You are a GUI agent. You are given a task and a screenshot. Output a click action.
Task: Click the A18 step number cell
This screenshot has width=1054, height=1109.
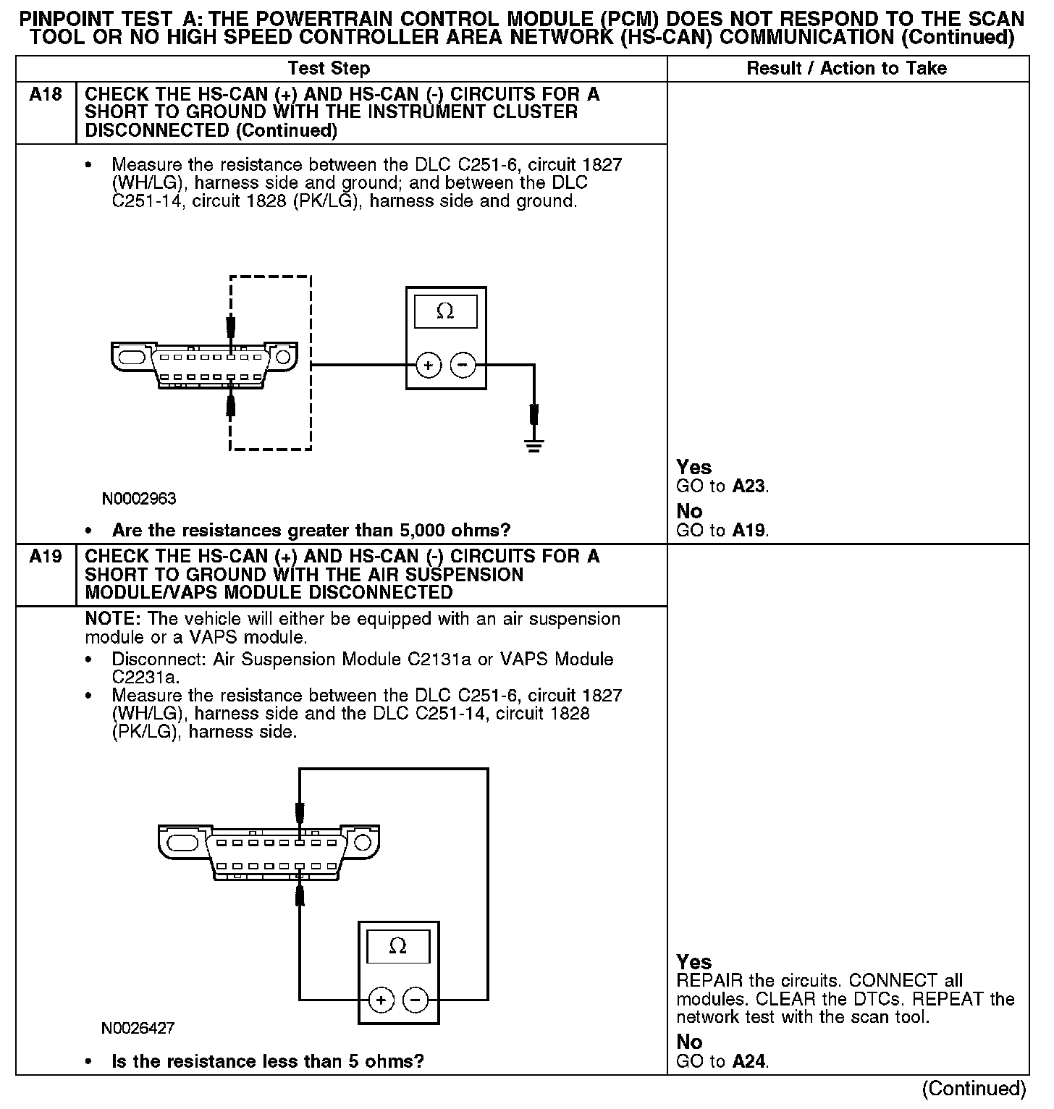click(x=45, y=95)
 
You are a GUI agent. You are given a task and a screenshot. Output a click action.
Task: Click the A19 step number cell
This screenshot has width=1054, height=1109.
click(x=45, y=557)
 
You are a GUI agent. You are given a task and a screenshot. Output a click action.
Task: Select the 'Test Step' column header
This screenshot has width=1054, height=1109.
click(x=329, y=69)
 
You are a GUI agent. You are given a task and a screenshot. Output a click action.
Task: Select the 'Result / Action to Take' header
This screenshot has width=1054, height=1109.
click(x=846, y=69)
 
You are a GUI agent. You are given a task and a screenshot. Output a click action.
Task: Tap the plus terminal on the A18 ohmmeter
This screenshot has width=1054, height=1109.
click(x=429, y=366)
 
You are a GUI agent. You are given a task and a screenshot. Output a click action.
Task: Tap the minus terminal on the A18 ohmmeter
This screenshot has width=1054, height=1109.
click(x=463, y=366)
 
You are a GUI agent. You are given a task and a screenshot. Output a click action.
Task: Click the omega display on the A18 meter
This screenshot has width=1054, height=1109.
click(x=445, y=312)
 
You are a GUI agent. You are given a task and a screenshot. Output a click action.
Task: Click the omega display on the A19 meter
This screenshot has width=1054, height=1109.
click(x=398, y=946)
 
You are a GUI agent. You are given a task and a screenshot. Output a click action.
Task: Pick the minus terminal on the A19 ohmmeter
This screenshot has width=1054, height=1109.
click(x=416, y=1000)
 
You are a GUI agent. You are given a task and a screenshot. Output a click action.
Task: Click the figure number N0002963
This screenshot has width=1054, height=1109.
click(x=139, y=499)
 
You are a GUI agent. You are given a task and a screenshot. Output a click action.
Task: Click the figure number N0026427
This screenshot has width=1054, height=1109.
click(x=138, y=1028)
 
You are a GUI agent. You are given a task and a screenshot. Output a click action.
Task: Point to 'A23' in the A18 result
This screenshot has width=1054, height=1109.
click(x=749, y=486)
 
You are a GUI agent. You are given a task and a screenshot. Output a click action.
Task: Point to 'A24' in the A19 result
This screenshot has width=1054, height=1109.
click(x=749, y=1062)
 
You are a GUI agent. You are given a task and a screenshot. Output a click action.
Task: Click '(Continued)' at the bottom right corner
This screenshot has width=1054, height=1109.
click(x=974, y=1089)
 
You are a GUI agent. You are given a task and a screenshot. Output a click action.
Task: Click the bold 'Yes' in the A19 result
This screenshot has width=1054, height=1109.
click(x=693, y=962)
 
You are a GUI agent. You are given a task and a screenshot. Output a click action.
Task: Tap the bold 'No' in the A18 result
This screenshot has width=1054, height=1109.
click(x=689, y=512)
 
